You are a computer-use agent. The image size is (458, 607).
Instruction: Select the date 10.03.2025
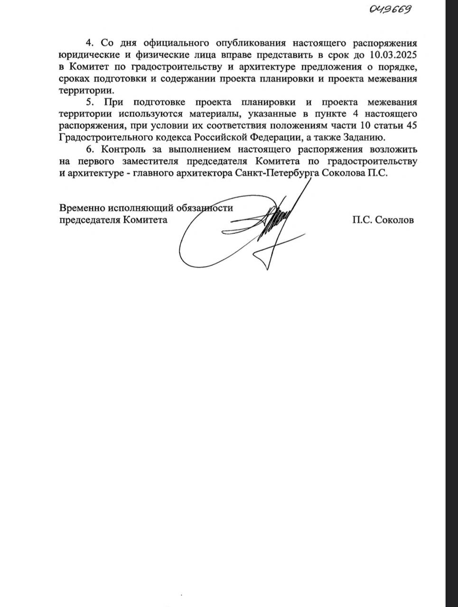tap(389, 53)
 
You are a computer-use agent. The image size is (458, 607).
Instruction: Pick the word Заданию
tap(363, 138)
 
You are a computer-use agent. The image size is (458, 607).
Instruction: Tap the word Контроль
tap(125, 150)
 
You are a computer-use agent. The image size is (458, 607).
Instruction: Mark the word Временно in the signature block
tap(82, 208)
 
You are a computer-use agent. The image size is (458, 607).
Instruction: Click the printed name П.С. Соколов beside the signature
tap(383, 220)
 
